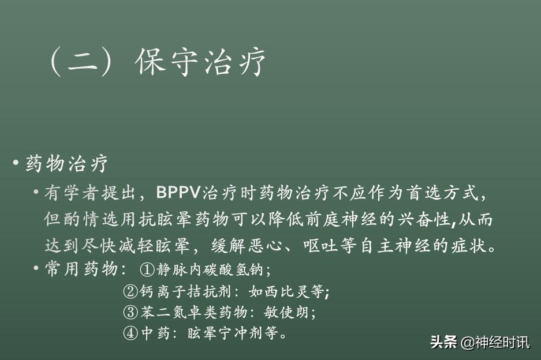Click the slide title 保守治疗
[201, 62]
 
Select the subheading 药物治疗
[67, 164]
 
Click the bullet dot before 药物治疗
[16, 163]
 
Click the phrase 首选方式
[451, 192]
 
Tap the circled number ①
[148, 269]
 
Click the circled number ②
[130, 291]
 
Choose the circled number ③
[130, 313]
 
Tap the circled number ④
[130, 333]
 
